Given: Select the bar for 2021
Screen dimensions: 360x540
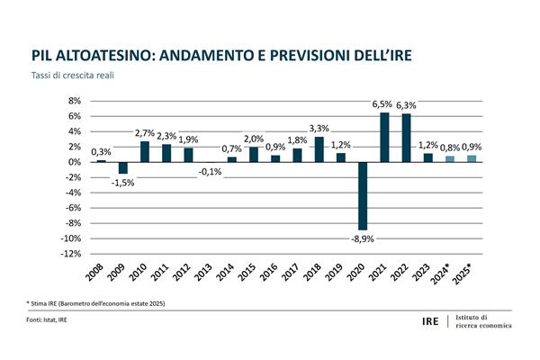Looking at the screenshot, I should tap(384, 137).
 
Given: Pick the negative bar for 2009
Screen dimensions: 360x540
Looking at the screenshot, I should tap(122, 167).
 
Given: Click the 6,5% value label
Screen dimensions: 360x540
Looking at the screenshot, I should tap(384, 104).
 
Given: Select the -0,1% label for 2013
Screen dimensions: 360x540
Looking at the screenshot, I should tap(209, 172).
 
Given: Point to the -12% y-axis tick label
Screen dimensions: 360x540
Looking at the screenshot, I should tap(71, 254).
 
